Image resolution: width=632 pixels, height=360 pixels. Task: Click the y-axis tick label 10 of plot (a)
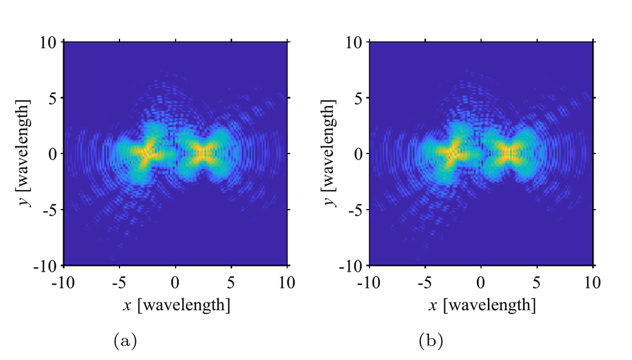pyautogui.click(x=49, y=42)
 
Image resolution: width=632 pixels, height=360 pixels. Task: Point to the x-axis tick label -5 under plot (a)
pyautogui.click(x=119, y=283)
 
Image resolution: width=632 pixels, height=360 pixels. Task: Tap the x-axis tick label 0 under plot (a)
pyautogui.click(x=175, y=283)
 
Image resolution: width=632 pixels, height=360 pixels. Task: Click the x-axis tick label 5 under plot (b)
pyautogui.click(x=537, y=283)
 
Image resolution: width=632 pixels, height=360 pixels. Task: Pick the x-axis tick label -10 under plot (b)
pyautogui.click(x=369, y=283)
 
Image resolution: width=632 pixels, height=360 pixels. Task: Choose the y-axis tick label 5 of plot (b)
pyautogui.click(x=358, y=99)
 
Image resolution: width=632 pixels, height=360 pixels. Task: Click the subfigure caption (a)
pyautogui.click(x=125, y=340)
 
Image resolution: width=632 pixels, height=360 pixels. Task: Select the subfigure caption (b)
pyautogui.click(x=431, y=340)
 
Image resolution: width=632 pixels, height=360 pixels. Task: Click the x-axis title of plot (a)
pyautogui.click(x=176, y=305)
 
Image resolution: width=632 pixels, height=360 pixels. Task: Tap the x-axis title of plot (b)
pyautogui.click(x=482, y=305)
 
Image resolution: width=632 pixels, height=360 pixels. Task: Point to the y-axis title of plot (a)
pyautogui.click(x=23, y=153)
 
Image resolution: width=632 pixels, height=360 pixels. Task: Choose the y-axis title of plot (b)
pyautogui.click(x=329, y=153)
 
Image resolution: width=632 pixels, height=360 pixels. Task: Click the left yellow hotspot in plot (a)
pyautogui.click(x=146, y=152)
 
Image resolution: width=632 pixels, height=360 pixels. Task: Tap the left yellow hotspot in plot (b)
pyautogui.click(x=451, y=152)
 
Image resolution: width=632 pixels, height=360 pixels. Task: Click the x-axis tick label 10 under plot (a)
pyautogui.click(x=286, y=283)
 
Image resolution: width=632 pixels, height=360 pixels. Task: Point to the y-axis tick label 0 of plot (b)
pyautogui.click(x=358, y=154)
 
